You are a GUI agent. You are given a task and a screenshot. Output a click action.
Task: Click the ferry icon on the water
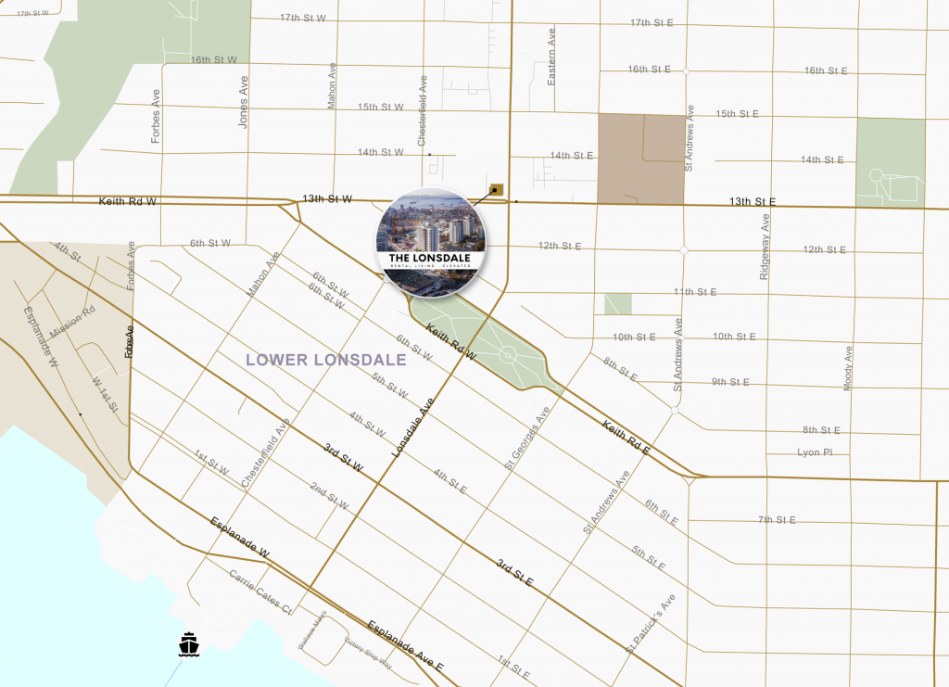[189, 643]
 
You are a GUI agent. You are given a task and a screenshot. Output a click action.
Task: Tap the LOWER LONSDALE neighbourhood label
[326, 360]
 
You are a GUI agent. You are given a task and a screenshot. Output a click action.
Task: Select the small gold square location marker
[497, 189]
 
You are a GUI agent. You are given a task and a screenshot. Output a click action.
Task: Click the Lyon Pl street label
[816, 452]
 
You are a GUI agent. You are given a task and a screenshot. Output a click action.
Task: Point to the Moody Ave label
[848, 369]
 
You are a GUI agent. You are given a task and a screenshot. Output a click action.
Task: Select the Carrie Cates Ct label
[260, 592]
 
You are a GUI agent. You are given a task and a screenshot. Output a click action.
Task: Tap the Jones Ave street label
[244, 102]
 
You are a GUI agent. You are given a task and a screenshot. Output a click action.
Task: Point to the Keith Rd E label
[626, 438]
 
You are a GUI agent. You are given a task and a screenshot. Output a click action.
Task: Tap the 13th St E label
[752, 201]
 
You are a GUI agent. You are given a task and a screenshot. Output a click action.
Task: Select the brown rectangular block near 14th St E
[640, 159]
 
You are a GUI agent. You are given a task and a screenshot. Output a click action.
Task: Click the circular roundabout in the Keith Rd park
[507, 354]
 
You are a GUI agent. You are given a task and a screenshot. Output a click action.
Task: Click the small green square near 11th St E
[617, 303]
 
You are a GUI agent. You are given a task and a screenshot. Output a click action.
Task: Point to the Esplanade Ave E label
[405, 645]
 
